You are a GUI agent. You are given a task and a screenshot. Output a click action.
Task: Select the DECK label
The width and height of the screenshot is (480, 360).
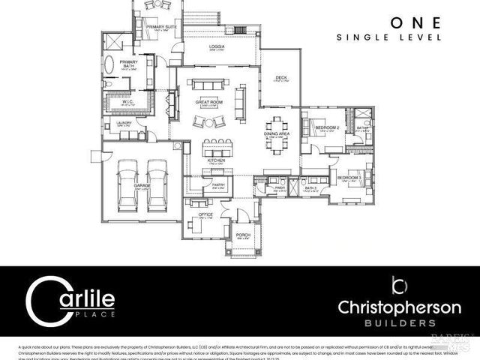[280, 77]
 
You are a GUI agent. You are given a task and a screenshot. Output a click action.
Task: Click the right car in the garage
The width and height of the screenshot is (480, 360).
[157, 184]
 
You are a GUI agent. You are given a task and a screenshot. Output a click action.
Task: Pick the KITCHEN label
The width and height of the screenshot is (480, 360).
[217, 160]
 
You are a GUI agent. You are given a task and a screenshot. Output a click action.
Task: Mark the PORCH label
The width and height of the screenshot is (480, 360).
[243, 235]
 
